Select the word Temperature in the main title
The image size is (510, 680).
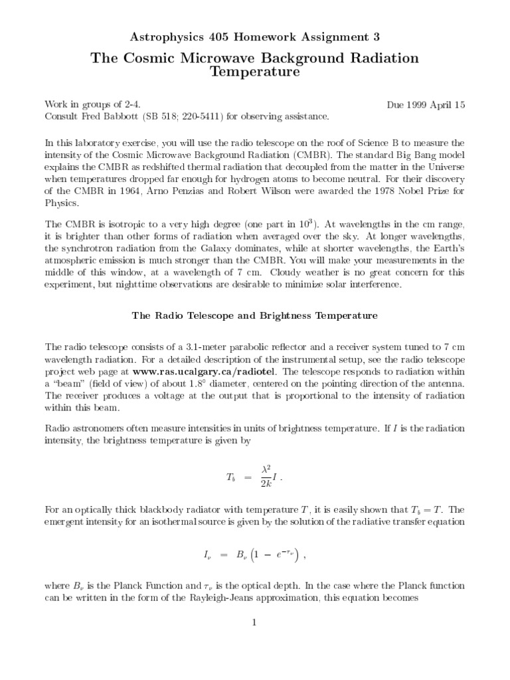(255, 72)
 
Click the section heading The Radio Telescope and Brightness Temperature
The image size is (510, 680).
(255, 316)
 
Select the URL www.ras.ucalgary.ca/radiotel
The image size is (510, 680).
(207, 371)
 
